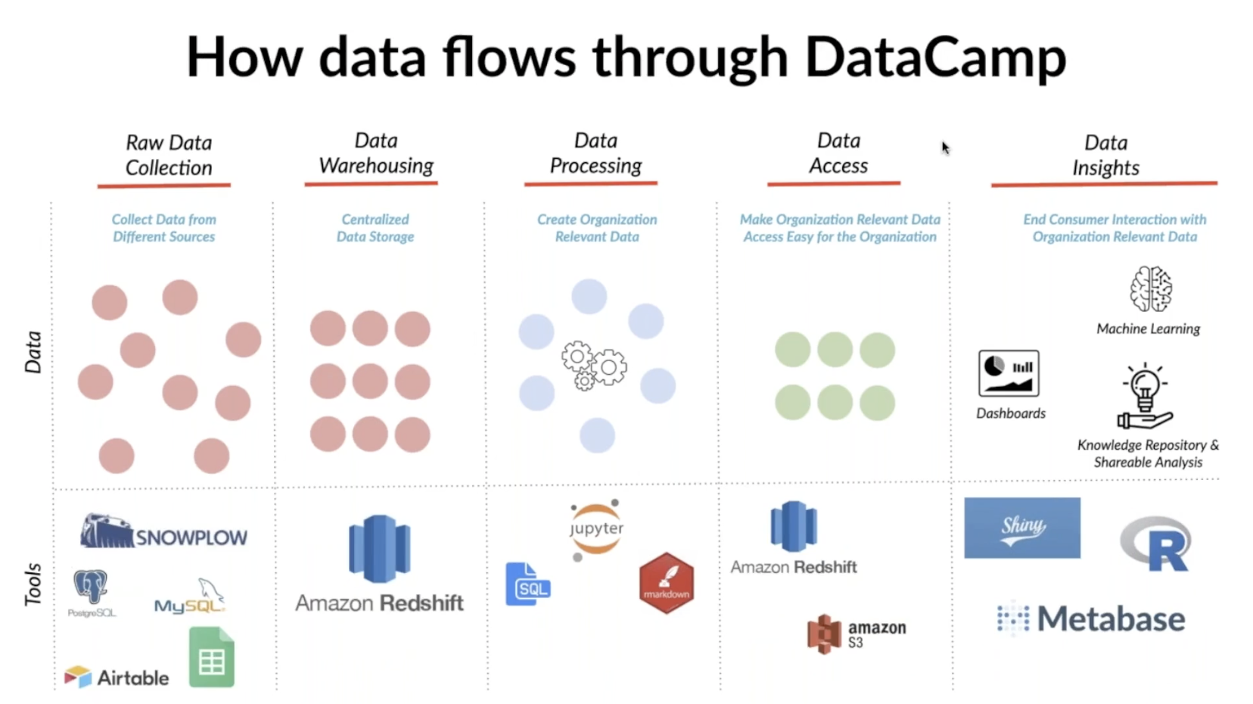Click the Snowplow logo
click(163, 532)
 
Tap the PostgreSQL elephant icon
click(91, 588)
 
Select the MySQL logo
click(190, 597)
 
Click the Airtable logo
click(117, 677)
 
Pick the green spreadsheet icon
click(211, 658)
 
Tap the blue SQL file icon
click(527, 584)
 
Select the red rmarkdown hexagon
click(666, 583)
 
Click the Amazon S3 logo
click(856, 634)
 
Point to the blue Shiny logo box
click(1021, 528)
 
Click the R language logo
click(1155, 544)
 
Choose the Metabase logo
click(1091, 619)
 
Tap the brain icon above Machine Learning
click(1150, 289)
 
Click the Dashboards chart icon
click(1009, 373)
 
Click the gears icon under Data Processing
click(594, 365)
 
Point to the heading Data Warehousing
click(376, 153)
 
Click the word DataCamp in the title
click(935, 58)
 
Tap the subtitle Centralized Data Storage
click(375, 228)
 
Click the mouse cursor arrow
click(945, 147)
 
